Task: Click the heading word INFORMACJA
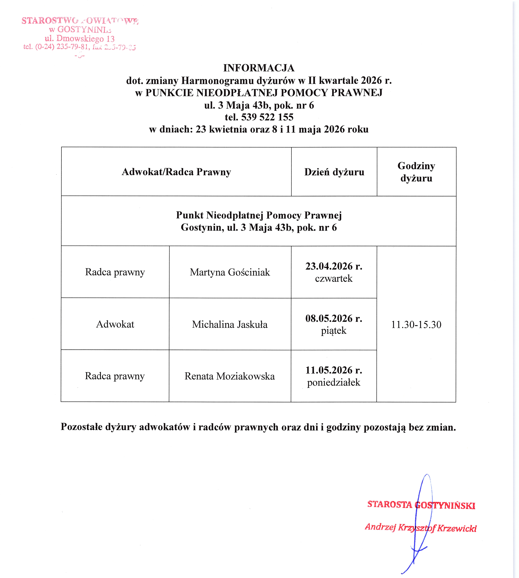tap(259, 68)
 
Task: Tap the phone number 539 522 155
tap(267, 117)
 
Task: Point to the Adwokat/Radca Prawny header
tap(176, 172)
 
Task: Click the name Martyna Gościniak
tap(230, 272)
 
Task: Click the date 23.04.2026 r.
tap(334, 266)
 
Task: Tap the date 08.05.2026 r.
tap(334, 318)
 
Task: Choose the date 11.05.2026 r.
tap(334, 370)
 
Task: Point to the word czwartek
tap(334, 278)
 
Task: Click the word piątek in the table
tap(334, 331)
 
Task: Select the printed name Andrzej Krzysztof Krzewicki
tap(421, 528)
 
